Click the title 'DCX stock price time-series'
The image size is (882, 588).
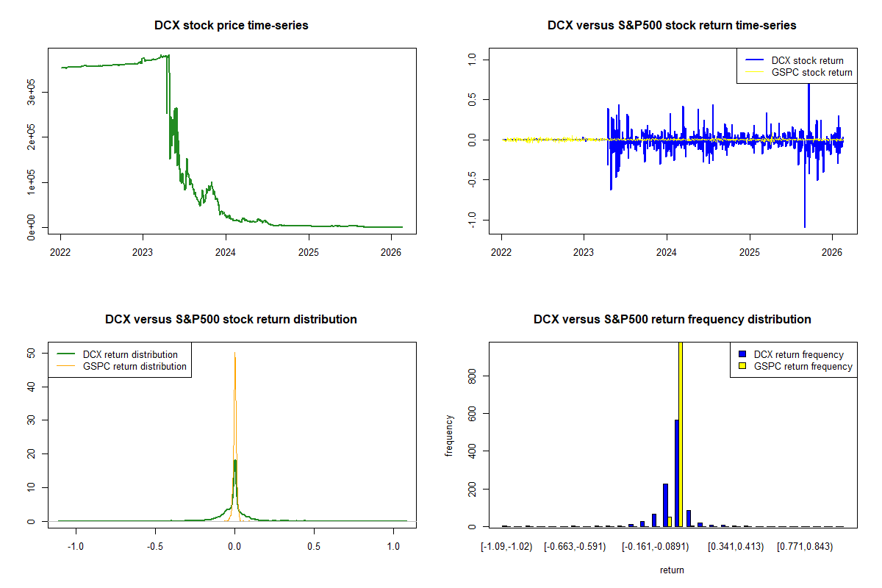(231, 26)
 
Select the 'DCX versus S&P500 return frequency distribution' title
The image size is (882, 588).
(672, 320)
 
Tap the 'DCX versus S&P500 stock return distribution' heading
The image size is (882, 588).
(231, 320)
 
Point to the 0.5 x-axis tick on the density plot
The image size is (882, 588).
(314, 547)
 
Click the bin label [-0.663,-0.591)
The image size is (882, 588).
(575, 547)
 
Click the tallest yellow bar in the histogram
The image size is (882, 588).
(681, 434)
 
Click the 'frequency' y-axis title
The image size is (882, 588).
(449, 435)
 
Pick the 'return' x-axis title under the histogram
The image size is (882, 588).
(672, 570)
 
